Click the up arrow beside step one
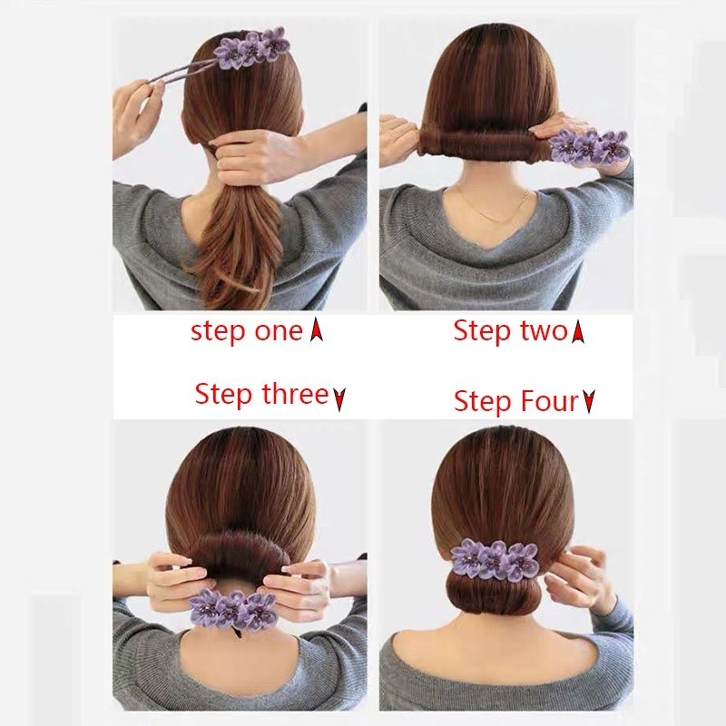pos(317,332)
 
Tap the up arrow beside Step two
pos(578,333)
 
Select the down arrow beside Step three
pos(339,397)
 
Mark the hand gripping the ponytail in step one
pos(259,150)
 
